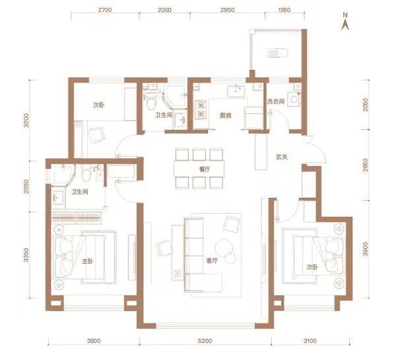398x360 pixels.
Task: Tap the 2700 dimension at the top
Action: tap(105, 10)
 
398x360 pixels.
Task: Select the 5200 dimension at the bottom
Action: tap(205, 341)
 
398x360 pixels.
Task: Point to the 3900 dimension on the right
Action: tap(366, 249)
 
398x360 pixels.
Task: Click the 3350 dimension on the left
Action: tap(26, 255)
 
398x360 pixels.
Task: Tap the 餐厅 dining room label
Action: tap(205, 169)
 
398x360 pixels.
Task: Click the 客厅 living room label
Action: tap(212, 260)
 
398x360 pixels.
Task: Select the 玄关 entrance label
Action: tap(281, 157)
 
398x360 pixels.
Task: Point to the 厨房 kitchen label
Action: tap(225, 115)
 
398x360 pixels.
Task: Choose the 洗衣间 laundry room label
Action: tap(276, 102)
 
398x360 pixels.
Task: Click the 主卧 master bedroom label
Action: tap(87, 261)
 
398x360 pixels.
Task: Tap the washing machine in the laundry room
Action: tap(294, 98)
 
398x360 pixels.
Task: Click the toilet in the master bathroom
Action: tap(86, 173)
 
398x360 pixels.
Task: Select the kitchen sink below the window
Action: tap(236, 91)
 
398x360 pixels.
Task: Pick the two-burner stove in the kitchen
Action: tap(201, 109)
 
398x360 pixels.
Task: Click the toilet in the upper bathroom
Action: tap(152, 103)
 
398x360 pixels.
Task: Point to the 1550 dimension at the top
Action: tap(284, 10)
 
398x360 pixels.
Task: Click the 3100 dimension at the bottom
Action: tap(310, 341)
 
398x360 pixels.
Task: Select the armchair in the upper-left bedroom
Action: tap(97, 135)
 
